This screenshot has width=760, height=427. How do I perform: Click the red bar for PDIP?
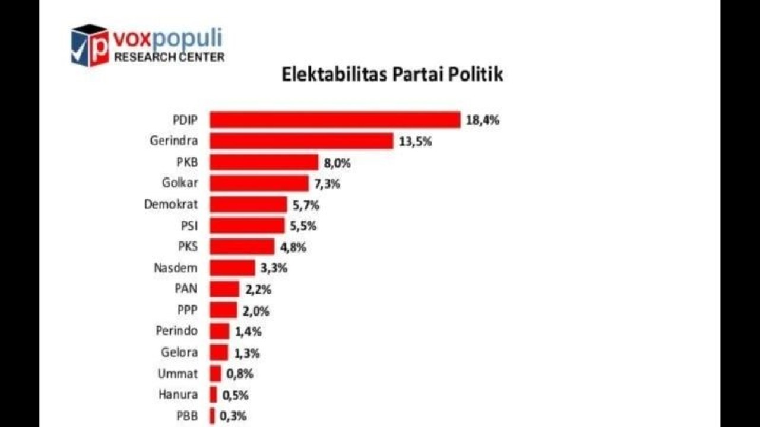(x=335, y=120)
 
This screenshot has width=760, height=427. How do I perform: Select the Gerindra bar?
(x=302, y=141)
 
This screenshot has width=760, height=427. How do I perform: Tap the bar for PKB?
(x=265, y=162)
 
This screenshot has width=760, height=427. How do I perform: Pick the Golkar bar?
(x=259, y=183)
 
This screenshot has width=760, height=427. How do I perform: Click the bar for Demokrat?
(x=249, y=205)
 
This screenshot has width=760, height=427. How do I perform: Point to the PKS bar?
(x=242, y=247)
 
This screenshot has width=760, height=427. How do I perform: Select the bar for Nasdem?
(x=233, y=268)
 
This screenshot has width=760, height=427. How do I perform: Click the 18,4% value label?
(x=483, y=120)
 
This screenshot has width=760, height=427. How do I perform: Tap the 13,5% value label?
(x=416, y=142)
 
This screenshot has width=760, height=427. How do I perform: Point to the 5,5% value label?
(x=303, y=226)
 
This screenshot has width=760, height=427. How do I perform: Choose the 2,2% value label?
(x=257, y=289)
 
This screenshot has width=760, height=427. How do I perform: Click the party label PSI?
(x=189, y=226)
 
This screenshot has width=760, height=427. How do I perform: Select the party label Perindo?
(x=176, y=331)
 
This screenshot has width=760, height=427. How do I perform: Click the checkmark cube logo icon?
(x=90, y=45)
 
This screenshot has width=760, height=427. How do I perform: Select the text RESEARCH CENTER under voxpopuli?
(x=169, y=57)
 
